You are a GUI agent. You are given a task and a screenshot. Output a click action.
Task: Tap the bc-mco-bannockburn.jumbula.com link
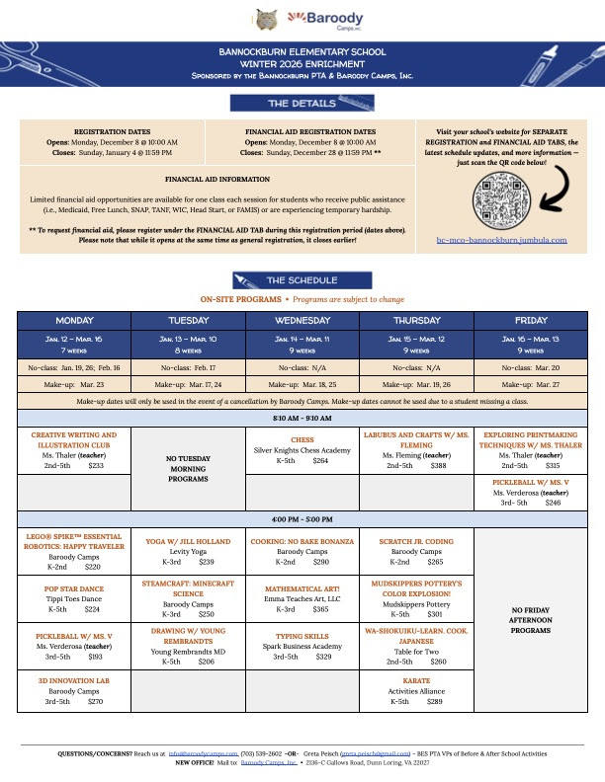(501, 239)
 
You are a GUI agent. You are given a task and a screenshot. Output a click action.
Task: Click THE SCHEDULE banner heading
(302, 280)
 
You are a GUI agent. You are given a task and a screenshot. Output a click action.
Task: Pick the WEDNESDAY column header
(302, 321)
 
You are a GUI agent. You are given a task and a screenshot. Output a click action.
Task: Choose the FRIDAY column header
(531, 321)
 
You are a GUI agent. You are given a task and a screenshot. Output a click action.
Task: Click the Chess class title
(302, 440)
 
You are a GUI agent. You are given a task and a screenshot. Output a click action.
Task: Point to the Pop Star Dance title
(74, 586)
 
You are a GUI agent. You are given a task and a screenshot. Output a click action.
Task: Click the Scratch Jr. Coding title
(416, 541)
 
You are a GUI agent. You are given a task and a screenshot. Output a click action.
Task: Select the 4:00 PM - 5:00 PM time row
(302, 519)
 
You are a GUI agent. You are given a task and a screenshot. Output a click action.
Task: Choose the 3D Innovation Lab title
(74, 681)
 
